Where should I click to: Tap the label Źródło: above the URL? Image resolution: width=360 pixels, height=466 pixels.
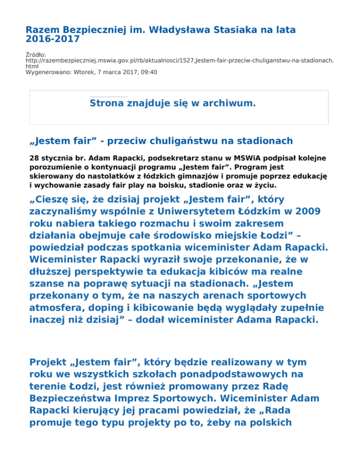tap(36, 54)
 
